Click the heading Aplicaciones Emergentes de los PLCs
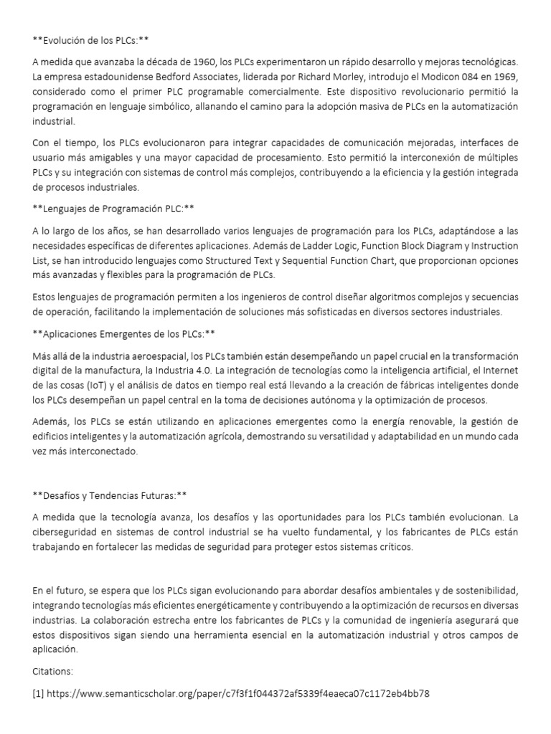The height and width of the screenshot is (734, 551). pos(124,334)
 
